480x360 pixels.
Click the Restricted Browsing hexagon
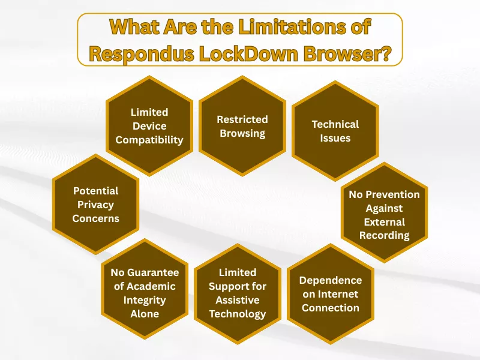click(x=242, y=126)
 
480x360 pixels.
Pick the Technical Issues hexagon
click(x=335, y=131)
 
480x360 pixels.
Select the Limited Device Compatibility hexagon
click(x=149, y=126)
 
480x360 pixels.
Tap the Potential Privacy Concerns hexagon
click(x=96, y=205)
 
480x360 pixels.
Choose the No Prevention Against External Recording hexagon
click(x=384, y=214)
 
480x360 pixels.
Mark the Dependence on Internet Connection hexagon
click(x=331, y=294)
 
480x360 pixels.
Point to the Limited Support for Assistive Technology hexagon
click(x=238, y=293)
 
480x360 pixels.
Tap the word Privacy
click(x=96, y=205)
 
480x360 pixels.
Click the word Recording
click(x=384, y=235)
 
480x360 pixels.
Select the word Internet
click(x=331, y=294)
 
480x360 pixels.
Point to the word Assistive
click(x=238, y=300)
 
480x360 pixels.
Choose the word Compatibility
click(x=149, y=140)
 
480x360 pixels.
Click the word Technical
click(x=335, y=124)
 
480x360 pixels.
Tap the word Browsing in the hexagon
click(x=242, y=133)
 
